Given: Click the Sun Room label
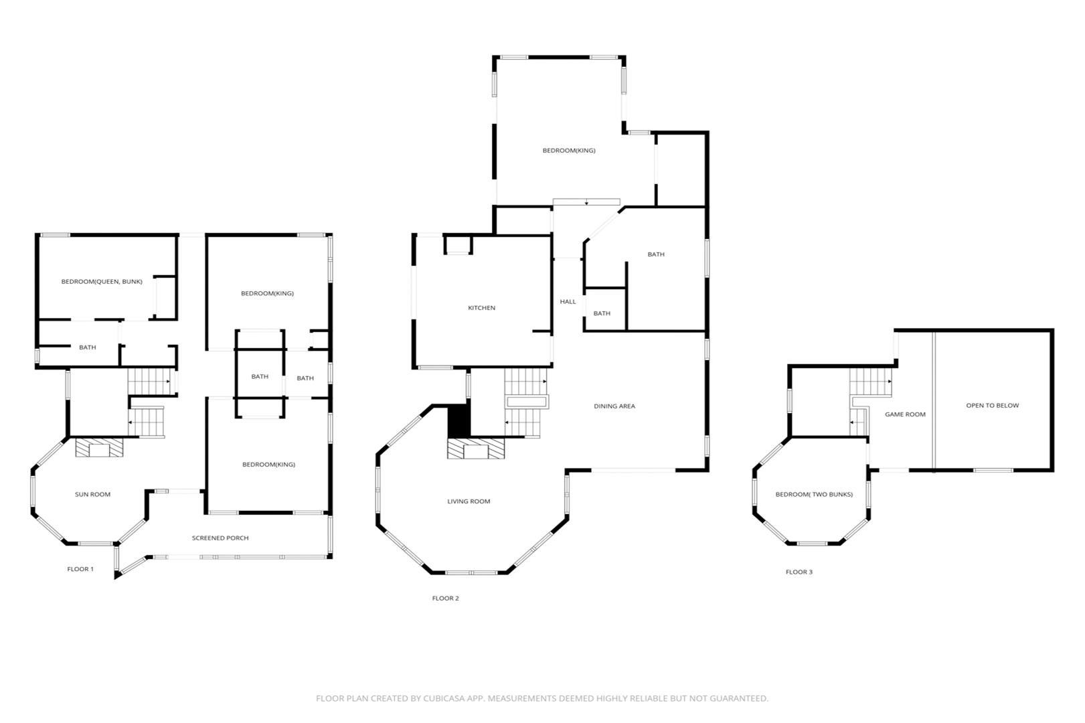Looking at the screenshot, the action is tap(92, 494).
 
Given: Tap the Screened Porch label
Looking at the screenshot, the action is tap(220, 538).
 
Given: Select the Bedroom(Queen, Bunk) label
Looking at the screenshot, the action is tap(102, 282).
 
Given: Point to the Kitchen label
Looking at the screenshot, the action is tap(481, 308).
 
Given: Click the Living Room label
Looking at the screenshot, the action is tap(469, 501).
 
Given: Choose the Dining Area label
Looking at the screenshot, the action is tap(614, 406).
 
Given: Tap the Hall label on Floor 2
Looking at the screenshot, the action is tap(568, 301).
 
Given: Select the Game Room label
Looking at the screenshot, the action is tap(905, 414).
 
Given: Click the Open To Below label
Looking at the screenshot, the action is tap(993, 406).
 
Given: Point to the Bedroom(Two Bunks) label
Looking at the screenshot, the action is tap(814, 494).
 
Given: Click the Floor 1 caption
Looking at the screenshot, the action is tap(80, 569).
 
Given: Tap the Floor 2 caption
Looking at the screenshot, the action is tap(446, 598).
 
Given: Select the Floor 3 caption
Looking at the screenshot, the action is tap(799, 572).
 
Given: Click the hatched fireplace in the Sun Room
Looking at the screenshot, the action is tap(99, 447).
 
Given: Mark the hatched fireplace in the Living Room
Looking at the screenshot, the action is tap(476, 449).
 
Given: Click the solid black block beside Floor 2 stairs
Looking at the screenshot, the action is tap(458, 420).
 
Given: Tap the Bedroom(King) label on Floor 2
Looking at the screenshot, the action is tap(569, 150).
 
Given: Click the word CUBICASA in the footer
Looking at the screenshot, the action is tap(444, 698).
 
